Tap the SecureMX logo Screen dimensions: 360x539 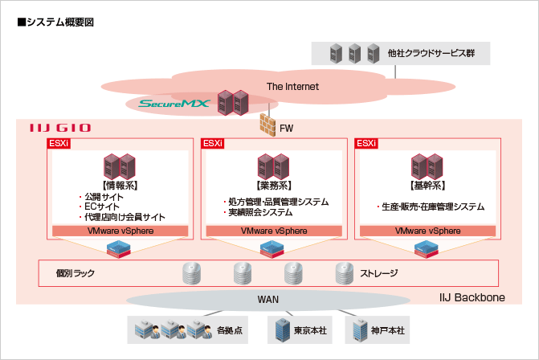(x=174, y=104)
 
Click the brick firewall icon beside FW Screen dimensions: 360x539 (x=267, y=125)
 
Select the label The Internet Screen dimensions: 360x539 (x=292, y=87)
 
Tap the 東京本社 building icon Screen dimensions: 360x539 (x=283, y=329)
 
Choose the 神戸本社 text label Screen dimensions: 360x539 (x=386, y=329)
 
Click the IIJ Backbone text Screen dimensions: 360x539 (x=472, y=297)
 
